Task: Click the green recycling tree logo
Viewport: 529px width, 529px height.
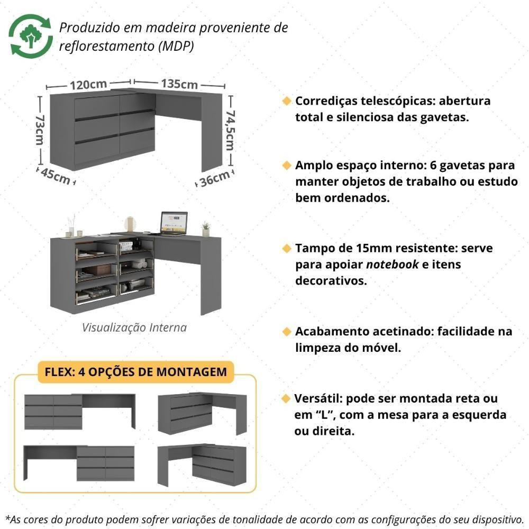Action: (x=30, y=36)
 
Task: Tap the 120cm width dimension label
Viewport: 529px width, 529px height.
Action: (x=88, y=84)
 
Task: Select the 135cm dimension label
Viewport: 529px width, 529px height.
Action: (x=179, y=84)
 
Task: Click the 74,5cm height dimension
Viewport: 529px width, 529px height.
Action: (x=230, y=130)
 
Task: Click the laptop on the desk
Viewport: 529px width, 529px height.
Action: (x=174, y=223)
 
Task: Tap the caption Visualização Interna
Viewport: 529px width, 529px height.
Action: (x=134, y=327)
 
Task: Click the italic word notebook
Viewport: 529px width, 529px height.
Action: (x=393, y=264)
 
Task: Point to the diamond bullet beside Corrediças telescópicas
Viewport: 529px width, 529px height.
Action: (x=287, y=101)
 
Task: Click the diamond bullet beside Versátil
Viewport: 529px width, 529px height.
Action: (x=287, y=398)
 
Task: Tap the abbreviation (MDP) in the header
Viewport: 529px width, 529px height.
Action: (x=176, y=46)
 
